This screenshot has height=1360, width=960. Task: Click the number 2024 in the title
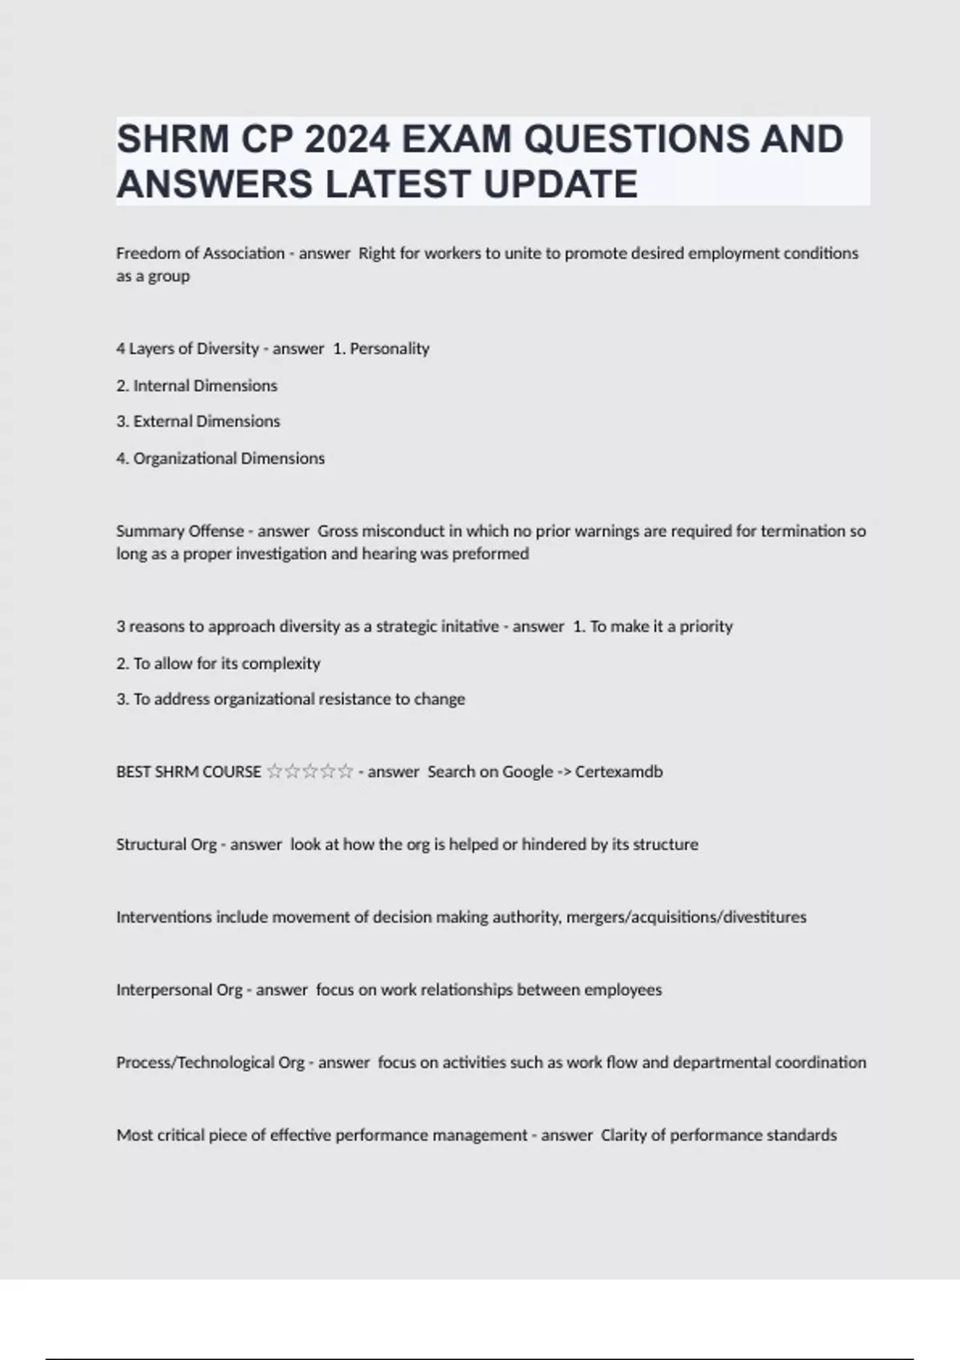pyautogui.click(x=346, y=139)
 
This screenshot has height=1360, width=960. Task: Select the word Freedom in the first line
pyautogui.click(x=145, y=254)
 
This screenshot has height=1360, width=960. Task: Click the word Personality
pyautogui.click(x=390, y=349)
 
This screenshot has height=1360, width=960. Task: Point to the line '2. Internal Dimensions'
pyautogui.click(x=197, y=386)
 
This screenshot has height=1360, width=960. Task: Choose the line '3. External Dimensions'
pyautogui.click(x=198, y=422)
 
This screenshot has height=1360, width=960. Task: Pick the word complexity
pyautogui.click(x=281, y=663)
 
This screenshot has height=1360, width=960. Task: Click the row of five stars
pyautogui.click(x=310, y=772)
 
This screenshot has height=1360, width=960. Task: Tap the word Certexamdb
pyautogui.click(x=618, y=772)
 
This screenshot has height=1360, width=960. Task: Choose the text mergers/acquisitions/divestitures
pyautogui.click(x=686, y=918)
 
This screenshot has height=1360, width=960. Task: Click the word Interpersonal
pyautogui.click(x=164, y=990)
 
